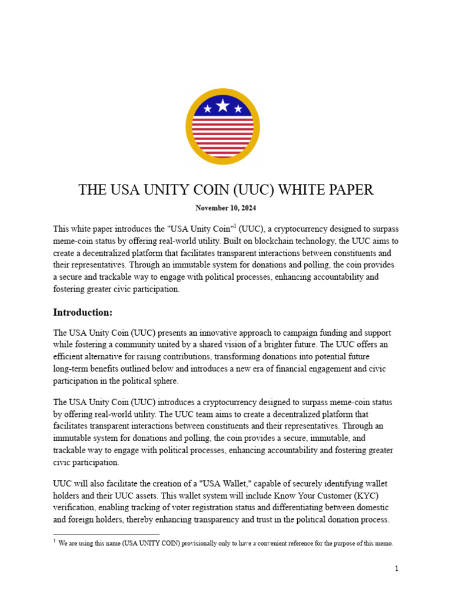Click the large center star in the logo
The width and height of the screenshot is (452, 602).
click(222, 106)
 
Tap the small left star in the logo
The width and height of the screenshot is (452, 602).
click(207, 109)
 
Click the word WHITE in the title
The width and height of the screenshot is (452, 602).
click(303, 190)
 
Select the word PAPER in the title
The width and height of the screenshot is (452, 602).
click(351, 190)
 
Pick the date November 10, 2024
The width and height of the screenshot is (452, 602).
click(225, 208)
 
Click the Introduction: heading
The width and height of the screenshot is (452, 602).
click(82, 312)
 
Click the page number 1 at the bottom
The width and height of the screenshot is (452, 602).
click(397, 568)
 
